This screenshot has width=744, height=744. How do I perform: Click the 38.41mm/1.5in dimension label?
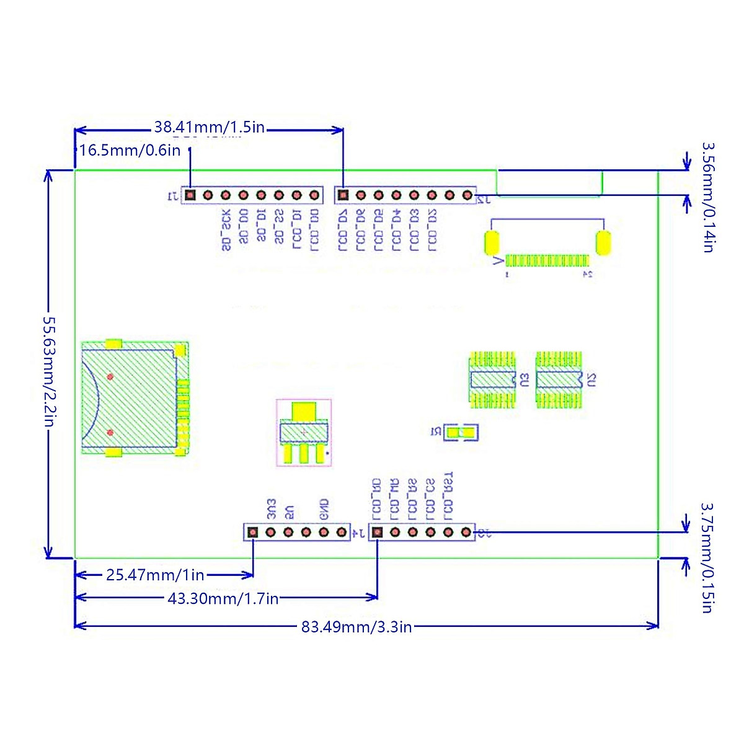pyautogui.click(x=209, y=128)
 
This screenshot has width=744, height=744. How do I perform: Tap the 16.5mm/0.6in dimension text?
pyautogui.click(x=130, y=150)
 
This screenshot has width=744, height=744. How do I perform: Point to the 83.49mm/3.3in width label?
pyautogui.click(x=356, y=627)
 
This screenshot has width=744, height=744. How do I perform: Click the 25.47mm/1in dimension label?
pyautogui.click(x=155, y=575)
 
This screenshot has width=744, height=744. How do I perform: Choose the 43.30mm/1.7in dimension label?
pyautogui.click(x=223, y=598)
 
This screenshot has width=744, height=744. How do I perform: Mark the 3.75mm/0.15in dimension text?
pyautogui.click(x=707, y=557)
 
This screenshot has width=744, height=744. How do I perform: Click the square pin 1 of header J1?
pyautogui.click(x=190, y=195)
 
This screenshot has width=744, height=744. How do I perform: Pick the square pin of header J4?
pyautogui.click(x=252, y=532)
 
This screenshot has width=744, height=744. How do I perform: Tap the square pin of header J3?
pyautogui.click(x=378, y=532)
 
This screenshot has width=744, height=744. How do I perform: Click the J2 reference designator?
pyautogui.click(x=484, y=199)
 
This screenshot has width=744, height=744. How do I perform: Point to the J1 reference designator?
pyautogui.click(x=172, y=197)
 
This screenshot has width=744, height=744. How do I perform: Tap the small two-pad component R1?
pyautogui.click(x=463, y=432)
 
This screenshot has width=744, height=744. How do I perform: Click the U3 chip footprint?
pyautogui.click(x=493, y=379)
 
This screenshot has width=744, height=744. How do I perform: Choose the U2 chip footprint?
pyautogui.click(x=559, y=379)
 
